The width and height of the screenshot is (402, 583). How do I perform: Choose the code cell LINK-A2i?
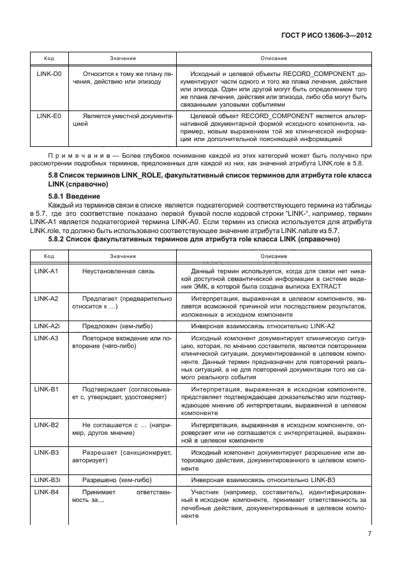(48, 326)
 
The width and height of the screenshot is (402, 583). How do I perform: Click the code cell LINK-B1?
(47, 389)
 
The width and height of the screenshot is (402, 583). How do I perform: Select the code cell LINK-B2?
(47, 425)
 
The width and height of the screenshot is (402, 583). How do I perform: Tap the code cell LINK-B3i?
(48, 480)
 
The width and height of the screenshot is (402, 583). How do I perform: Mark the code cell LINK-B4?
(47, 492)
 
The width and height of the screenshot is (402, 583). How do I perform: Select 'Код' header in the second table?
(48, 255)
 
